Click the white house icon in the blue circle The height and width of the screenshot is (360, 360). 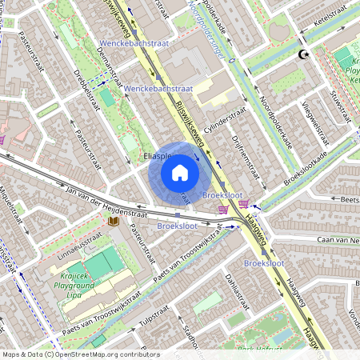point(180,172)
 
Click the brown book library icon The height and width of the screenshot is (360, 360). point(114,220)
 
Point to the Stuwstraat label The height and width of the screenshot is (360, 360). point(342,105)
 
